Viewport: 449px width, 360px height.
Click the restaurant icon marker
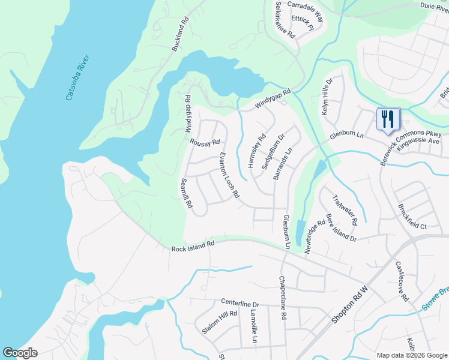pos(387,119)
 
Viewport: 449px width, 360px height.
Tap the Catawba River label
pos(79,78)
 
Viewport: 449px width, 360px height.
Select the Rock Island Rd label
pos(193,245)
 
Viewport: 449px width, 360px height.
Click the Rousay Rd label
pos(205,142)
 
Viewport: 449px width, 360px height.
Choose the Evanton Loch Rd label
pos(229,175)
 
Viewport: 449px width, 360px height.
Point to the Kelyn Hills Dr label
pos(328,98)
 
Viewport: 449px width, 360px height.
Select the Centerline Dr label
pos(240,304)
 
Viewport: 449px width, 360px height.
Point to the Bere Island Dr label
pos(341,227)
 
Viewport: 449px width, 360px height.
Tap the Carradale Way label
pos(305,11)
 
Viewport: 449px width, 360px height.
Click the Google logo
pos(20,353)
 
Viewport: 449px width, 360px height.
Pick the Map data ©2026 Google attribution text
pos(411,355)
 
